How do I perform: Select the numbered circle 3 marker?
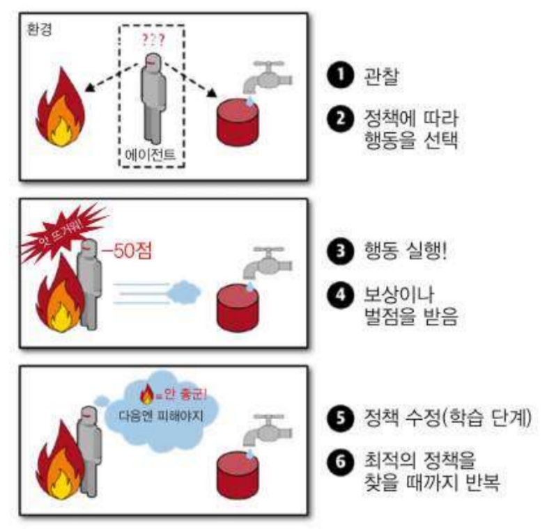pos(337,249)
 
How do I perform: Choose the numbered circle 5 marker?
pos(337,419)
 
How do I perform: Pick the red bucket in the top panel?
pos(236,123)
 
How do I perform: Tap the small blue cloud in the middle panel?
pos(185,288)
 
